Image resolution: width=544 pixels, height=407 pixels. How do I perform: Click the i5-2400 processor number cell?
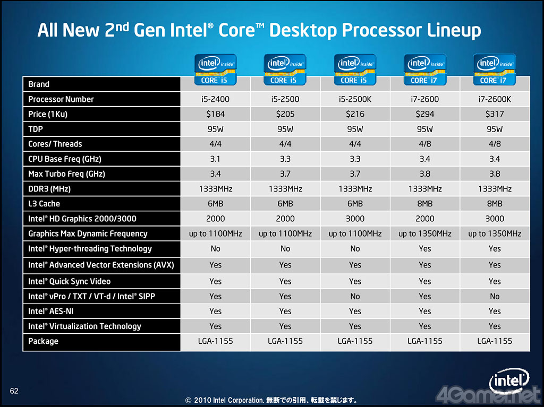click(215, 99)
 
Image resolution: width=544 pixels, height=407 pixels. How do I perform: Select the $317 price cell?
click(495, 114)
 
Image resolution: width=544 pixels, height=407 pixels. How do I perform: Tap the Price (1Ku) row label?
click(48, 114)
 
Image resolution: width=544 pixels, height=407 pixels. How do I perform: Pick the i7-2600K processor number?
click(495, 99)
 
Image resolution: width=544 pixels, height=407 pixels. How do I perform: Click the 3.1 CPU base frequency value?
click(215, 159)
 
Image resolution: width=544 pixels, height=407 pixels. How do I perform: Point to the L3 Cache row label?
click(44, 204)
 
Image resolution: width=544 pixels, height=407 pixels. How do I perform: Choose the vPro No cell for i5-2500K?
click(355, 297)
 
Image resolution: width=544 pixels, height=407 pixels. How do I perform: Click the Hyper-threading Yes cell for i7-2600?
click(425, 249)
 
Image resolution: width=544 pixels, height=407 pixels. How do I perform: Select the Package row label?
click(43, 341)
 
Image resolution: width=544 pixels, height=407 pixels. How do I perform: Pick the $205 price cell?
click(285, 114)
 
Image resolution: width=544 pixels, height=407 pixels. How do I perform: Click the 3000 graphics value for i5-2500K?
click(355, 219)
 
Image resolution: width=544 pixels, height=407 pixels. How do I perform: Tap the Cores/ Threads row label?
click(55, 144)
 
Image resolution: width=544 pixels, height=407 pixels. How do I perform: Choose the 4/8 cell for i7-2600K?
click(495, 144)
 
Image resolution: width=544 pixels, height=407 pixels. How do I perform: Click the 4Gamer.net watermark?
click(487, 394)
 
